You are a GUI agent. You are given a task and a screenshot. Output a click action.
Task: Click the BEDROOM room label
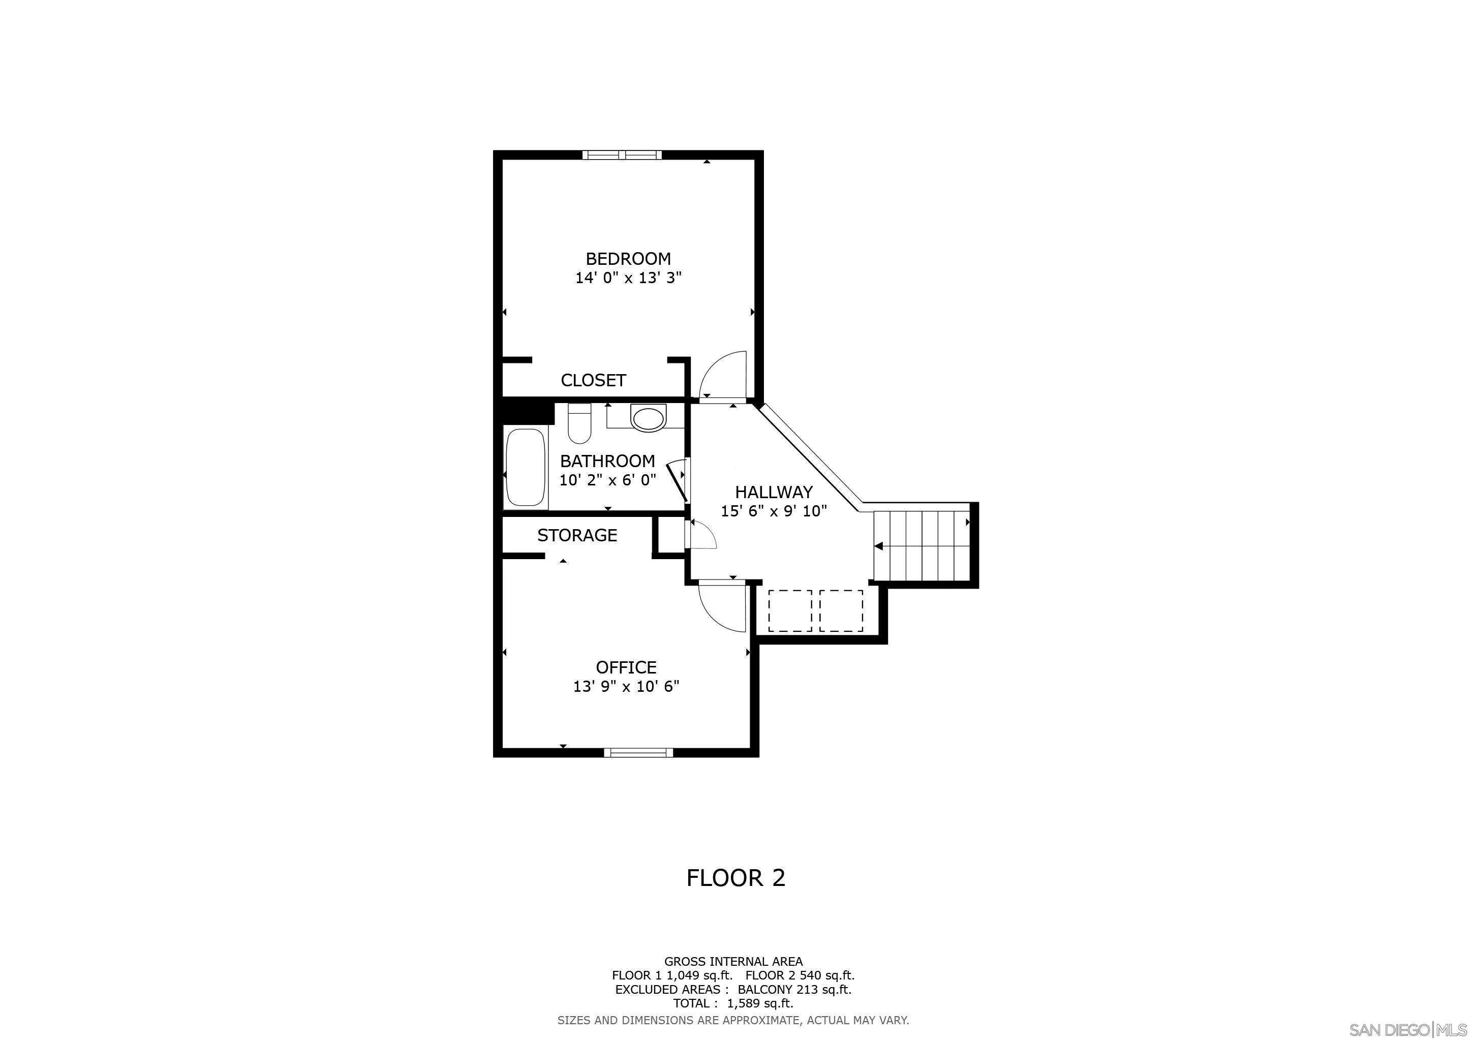[628, 259]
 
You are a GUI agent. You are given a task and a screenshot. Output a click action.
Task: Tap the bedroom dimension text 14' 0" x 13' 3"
[628, 278]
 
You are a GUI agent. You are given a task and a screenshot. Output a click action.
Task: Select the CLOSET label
[593, 380]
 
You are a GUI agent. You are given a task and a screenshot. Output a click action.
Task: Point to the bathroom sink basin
[648, 418]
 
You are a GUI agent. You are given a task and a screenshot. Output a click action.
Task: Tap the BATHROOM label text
[607, 461]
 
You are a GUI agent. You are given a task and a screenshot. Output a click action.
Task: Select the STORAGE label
[577, 535]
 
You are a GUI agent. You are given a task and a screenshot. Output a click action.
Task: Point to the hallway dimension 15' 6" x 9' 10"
[774, 511]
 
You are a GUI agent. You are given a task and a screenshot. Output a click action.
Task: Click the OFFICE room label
[626, 667]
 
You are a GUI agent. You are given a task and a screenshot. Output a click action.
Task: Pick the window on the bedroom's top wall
[621, 155]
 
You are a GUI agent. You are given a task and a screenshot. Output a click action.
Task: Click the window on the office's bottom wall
[638, 753]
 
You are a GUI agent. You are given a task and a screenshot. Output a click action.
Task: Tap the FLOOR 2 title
[735, 877]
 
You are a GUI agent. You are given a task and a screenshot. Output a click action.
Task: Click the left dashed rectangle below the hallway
[790, 610]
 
